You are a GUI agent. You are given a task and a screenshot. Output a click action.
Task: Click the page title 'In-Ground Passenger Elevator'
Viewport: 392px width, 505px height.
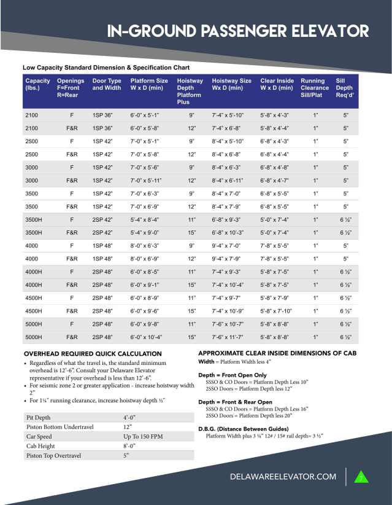(x=237, y=31)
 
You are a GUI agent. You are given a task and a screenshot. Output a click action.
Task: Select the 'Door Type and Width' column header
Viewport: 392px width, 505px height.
(x=107, y=84)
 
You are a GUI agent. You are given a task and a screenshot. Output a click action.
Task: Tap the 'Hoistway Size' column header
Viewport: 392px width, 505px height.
(x=231, y=84)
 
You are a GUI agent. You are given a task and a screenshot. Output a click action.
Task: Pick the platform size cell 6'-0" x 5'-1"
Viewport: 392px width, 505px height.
(x=144, y=115)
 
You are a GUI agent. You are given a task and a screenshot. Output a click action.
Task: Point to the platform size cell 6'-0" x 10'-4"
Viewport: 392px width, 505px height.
(x=145, y=337)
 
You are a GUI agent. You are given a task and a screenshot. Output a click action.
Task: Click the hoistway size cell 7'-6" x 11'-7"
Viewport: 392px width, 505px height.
(x=228, y=337)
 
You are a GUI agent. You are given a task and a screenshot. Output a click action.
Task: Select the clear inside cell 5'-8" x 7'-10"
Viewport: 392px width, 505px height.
(x=276, y=311)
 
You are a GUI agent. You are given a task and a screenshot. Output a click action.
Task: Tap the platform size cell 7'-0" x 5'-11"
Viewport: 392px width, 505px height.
(x=145, y=181)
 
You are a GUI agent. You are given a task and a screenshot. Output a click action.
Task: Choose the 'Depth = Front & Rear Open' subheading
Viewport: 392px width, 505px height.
(x=235, y=402)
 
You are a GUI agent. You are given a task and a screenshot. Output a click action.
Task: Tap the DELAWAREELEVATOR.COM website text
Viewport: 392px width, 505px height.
(x=283, y=477)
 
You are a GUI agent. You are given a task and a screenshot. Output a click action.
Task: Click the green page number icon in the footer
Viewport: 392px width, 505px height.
(x=361, y=477)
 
